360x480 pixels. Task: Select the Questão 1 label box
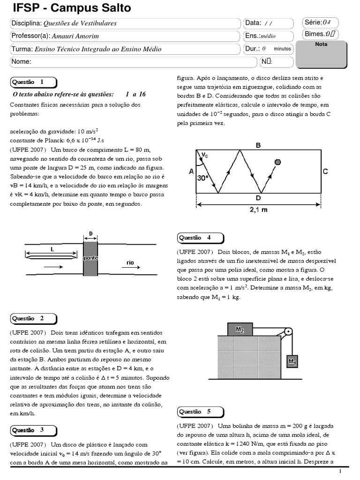pyautogui.click(x=33, y=82)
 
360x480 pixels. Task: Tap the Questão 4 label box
pyautogui.click(x=200, y=238)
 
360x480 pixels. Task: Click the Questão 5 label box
pyautogui.click(x=200, y=412)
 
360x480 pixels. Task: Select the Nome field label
pyautogui.click(x=21, y=61)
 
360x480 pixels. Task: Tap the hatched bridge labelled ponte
pyautogui.click(x=90, y=257)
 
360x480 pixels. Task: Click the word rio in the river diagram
pyautogui.click(x=130, y=263)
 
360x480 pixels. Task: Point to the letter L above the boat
pyautogui.click(x=52, y=250)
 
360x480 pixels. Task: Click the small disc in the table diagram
pyautogui.click(x=278, y=162)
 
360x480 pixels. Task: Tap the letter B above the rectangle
pyautogui.click(x=258, y=146)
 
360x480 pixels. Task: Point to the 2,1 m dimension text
pyautogui.click(x=258, y=210)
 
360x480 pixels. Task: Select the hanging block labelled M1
pyautogui.click(x=292, y=361)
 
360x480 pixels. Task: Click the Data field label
pyautogui.click(x=253, y=23)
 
